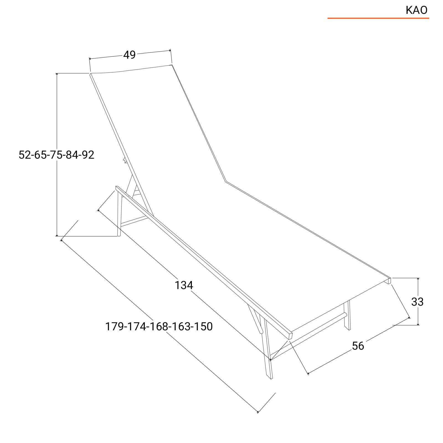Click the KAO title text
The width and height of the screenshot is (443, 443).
(416, 10)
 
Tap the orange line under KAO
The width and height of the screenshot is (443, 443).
(378, 18)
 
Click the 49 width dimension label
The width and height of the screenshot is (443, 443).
(130, 55)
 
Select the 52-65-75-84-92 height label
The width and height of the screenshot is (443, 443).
(56, 155)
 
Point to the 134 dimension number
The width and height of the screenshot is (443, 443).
(184, 285)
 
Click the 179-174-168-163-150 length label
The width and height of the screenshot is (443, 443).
(159, 326)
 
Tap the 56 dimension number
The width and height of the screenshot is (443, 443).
(358, 346)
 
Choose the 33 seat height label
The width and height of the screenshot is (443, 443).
(417, 302)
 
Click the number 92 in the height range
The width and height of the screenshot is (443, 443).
(88, 155)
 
